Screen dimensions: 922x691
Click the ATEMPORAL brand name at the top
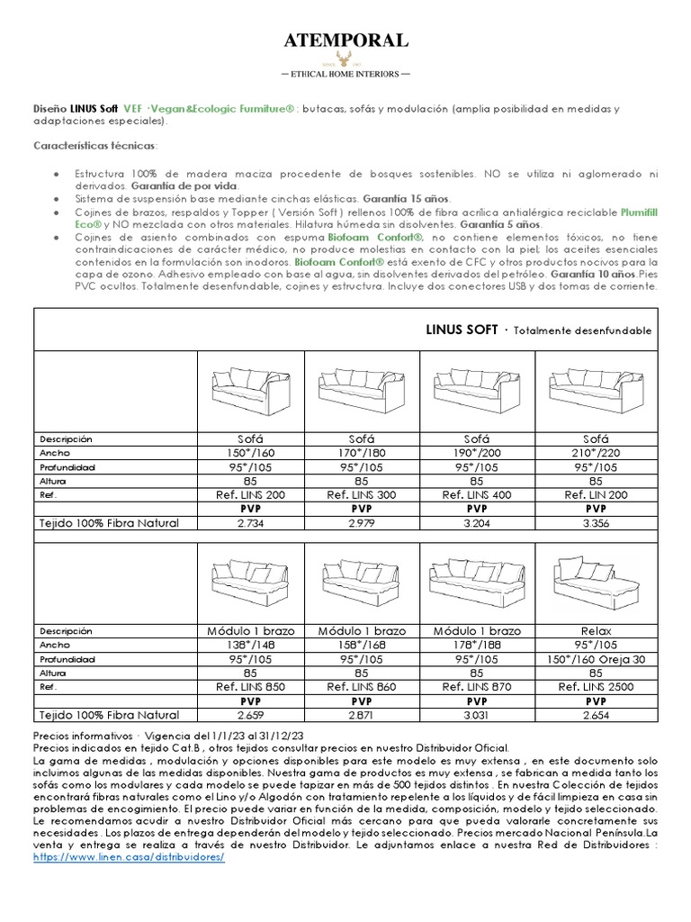pyautogui.click(x=346, y=40)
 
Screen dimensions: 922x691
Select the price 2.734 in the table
pyautogui.click(x=252, y=522)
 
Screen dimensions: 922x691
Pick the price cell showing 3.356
pyautogui.click(x=590, y=522)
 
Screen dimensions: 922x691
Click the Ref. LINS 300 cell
pyautogui.click(x=364, y=494)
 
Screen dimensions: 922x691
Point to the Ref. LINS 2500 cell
pyautogui.click(x=590, y=687)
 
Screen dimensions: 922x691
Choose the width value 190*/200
pyautogui.click(x=478, y=453)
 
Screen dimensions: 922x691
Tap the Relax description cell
pyautogui.click(x=590, y=631)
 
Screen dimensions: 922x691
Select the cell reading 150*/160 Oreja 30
pyautogui.click(x=590, y=659)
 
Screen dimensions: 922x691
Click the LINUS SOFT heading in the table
pyautogui.click(x=461, y=330)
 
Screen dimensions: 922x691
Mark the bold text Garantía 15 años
pyautogui.click(x=411, y=197)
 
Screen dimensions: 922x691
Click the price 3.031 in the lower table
pyautogui.click(x=478, y=715)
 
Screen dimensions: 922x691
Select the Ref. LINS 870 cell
pyautogui.click(x=478, y=687)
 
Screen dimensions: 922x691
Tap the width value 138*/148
pyautogui.click(x=252, y=646)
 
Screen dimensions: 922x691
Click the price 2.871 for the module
pyautogui.click(x=364, y=715)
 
